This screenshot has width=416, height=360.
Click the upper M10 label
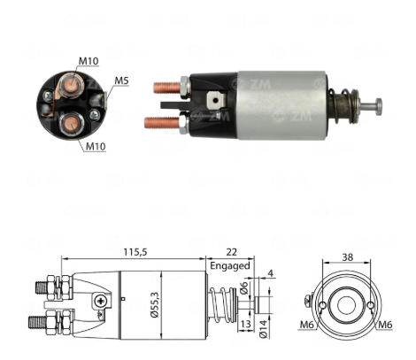89,61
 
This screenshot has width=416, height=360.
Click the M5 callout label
121,80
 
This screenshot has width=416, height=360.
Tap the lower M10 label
96,146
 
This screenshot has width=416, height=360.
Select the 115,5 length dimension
135,252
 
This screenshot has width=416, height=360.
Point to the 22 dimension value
232,252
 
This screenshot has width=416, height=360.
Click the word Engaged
230,265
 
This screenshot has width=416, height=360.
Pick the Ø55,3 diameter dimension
155,305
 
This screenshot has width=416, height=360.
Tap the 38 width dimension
348,257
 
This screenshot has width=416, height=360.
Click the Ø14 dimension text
263,328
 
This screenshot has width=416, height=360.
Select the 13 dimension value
245,324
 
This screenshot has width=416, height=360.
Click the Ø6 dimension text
243,287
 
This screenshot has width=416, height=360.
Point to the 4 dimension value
271,272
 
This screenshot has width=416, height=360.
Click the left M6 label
307,325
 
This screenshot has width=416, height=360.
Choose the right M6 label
385,325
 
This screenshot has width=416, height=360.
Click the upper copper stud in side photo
167,88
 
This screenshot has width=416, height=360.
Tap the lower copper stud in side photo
162,122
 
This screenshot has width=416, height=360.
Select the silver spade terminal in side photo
217,100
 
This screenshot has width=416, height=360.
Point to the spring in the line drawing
222,305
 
